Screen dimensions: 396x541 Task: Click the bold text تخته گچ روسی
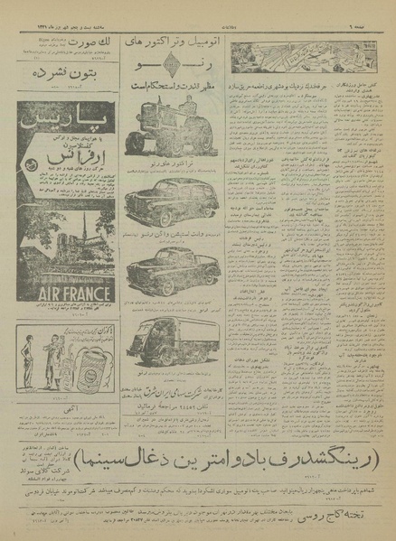[x=337, y=520]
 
